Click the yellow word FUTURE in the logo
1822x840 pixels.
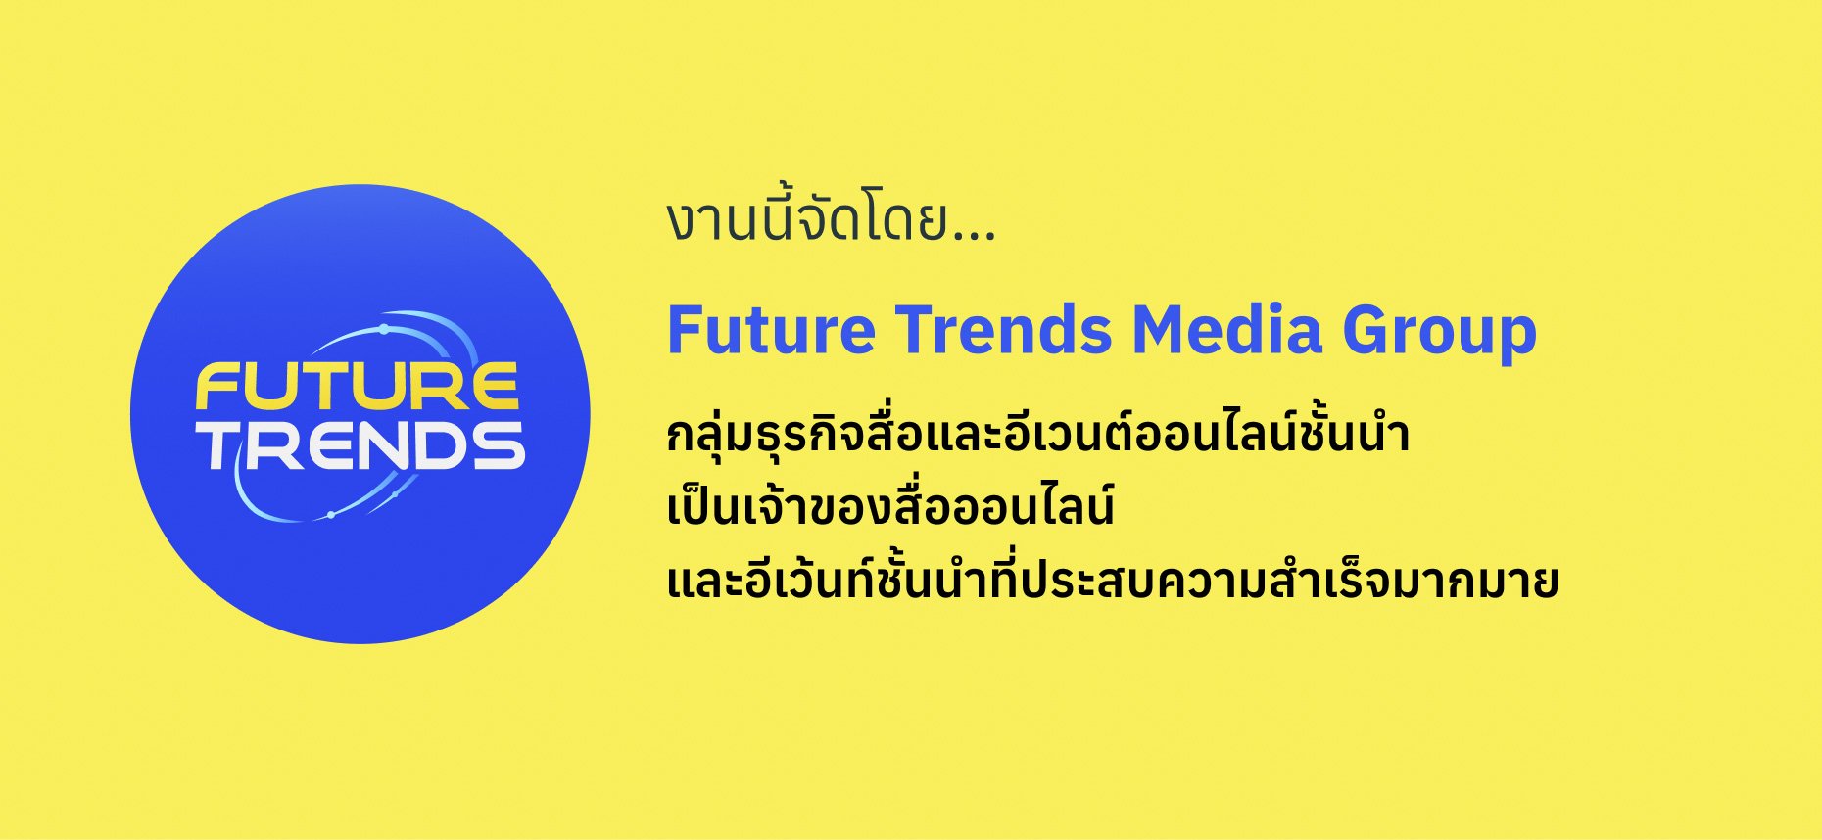357,386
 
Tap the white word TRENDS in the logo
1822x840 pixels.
362,446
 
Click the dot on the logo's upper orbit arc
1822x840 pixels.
384,329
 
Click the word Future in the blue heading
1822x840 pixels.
771,330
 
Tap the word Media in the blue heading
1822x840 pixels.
1227,330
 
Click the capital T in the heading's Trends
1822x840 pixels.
912,330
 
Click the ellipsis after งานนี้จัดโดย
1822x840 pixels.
973,236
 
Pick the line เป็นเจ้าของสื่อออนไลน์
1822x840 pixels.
890,506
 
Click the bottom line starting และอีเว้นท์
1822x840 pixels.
1112,579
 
